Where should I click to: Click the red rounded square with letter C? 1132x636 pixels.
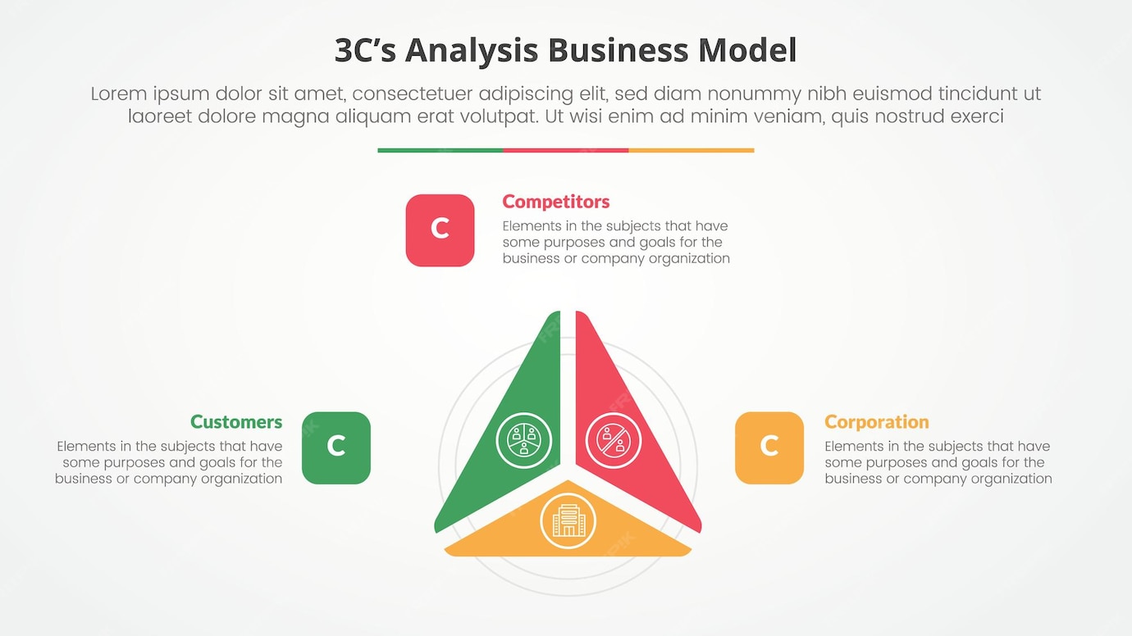pyautogui.click(x=440, y=230)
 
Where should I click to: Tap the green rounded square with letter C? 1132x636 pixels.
pyautogui.click(x=336, y=447)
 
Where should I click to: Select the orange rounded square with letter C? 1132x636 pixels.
pyautogui.click(x=769, y=447)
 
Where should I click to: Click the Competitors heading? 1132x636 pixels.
pyautogui.click(x=555, y=202)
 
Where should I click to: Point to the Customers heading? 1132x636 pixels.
pyautogui.click(x=236, y=422)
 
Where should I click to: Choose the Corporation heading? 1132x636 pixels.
pyautogui.click(x=876, y=422)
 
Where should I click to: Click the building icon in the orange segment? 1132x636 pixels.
pyautogui.click(x=568, y=520)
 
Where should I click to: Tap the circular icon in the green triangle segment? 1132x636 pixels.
pyautogui.click(x=524, y=440)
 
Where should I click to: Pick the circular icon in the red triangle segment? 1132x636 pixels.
pyautogui.click(x=614, y=440)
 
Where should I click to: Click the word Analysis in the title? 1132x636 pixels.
pyautogui.click(x=472, y=51)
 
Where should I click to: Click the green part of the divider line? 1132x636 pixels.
pyautogui.click(x=440, y=151)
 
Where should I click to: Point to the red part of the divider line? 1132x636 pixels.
pyautogui.click(x=565, y=151)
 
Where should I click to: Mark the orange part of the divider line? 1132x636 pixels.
pyautogui.click(x=691, y=151)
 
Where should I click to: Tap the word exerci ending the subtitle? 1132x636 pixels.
pyautogui.click(x=975, y=116)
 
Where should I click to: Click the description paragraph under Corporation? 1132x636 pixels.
pyautogui.click(x=938, y=462)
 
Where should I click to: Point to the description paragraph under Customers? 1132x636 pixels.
pyautogui.click(x=169, y=462)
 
